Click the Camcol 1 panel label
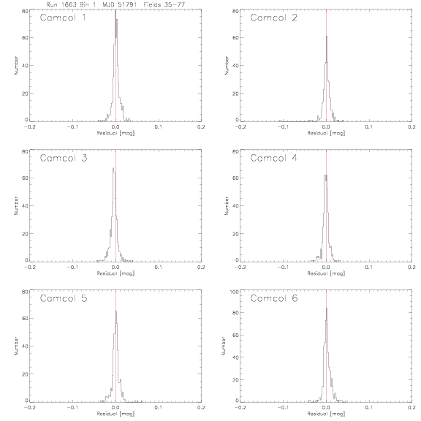(x=63, y=18)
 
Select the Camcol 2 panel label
(x=274, y=18)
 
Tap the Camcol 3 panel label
(x=64, y=158)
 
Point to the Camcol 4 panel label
(x=274, y=158)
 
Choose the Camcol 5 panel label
(x=64, y=298)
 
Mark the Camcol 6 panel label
(x=274, y=298)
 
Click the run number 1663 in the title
(x=69, y=4)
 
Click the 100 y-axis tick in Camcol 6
(x=235, y=292)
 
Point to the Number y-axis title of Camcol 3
(x=16, y=205)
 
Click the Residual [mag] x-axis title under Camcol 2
(x=326, y=133)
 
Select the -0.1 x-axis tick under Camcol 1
(x=72, y=126)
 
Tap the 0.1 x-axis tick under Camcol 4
(x=369, y=268)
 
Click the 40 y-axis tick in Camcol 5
(x=26, y=346)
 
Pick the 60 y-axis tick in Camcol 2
(x=236, y=37)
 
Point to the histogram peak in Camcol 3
(x=113, y=168)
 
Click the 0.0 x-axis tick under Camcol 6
(x=326, y=407)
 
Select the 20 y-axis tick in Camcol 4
(x=236, y=234)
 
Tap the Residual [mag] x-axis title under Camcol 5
(x=115, y=414)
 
